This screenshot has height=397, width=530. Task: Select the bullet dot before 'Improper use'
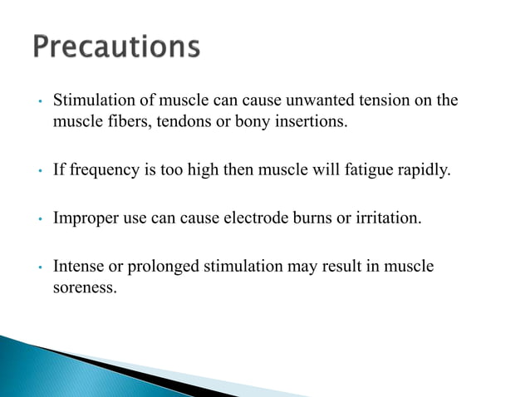point(40,222)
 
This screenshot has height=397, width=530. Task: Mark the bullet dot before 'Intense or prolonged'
point(40,269)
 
